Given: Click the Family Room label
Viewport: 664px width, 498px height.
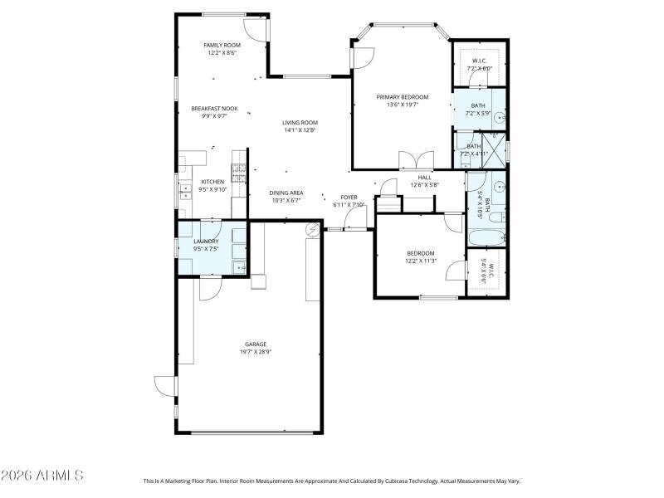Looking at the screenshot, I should pyautogui.click(x=222, y=45).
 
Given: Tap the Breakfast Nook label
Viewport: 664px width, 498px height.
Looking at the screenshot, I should pyautogui.click(x=214, y=109).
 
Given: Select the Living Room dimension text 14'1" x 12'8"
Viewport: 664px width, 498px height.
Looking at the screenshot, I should pyautogui.click(x=300, y=130).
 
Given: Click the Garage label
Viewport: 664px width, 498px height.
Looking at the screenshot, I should pyautogui.click(x=255, y=344).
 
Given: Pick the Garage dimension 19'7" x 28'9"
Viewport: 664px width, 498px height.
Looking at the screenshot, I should pyautogui.click(x=255, y=352).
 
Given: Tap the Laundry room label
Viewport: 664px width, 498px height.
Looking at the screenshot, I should pyautogui.click(x=206, y=242).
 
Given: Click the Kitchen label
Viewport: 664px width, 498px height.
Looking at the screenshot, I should pyautogui.click(x=213, y=182).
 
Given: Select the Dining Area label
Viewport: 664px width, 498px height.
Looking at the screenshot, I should pyautogui.click(x=286, y=193).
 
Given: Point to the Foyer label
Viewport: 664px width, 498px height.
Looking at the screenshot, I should pyautogui.click(x=349, y=197).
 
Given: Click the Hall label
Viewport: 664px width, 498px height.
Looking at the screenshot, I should pyautogui.click(x=424, y=177).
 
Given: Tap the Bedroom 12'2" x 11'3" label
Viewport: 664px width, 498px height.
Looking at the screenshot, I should pyautogui.click(x=420, y=253).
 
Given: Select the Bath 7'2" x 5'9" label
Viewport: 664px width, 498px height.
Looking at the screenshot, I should pyautogui.click(x=478, y=105).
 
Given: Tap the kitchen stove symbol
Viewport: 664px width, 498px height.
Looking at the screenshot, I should pyautogui.click(x=238, y=173).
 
